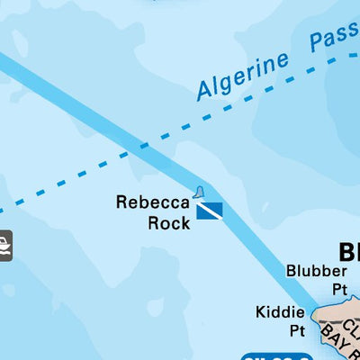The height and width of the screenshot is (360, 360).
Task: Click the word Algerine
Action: click(244, 75)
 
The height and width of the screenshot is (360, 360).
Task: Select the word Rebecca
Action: click(152, 202)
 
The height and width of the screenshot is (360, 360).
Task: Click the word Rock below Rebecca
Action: click(168, 222)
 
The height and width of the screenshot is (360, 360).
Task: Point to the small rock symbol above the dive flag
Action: click(199, 192)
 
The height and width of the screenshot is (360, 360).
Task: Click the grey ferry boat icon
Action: click(4, 244)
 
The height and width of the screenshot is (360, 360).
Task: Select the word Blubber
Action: click(316, 271)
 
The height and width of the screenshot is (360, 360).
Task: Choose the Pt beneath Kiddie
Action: click(297, 330)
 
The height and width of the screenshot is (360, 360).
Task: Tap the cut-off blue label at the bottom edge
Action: click(275, 356)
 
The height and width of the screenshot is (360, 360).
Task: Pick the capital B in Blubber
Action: click(292, 271)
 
